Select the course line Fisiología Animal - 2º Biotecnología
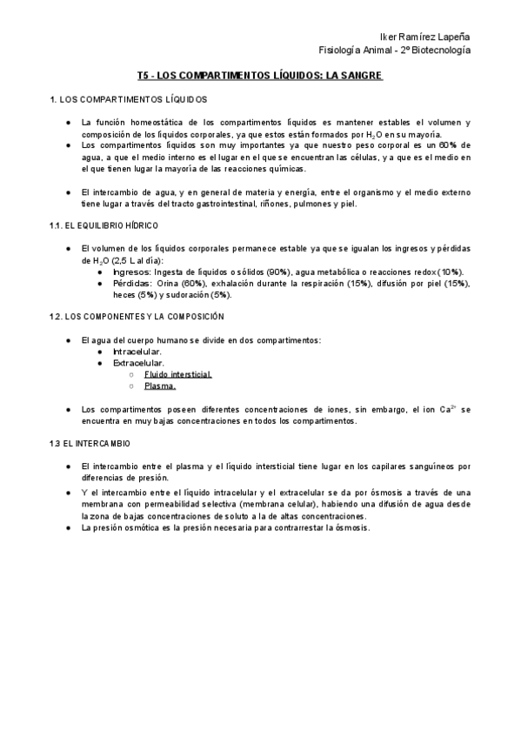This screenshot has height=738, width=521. [396, 51]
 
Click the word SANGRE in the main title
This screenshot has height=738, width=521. [360, 77]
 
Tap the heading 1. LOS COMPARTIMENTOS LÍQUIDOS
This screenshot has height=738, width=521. [129, 100]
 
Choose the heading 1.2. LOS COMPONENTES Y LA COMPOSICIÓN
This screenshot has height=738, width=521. [137, 316]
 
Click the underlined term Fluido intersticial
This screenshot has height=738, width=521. [178, 373]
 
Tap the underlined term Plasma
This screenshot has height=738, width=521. [160, 385]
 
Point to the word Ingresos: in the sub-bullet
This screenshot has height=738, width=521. [131, 271]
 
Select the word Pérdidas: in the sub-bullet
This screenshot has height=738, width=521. [132, 283]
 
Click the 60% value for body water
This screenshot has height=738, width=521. [458, 145]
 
